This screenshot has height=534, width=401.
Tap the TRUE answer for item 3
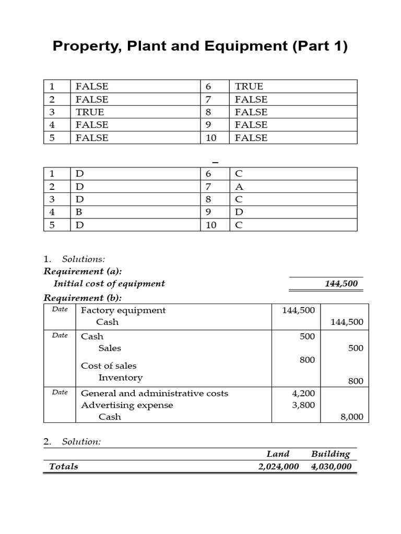(x=90, y=112)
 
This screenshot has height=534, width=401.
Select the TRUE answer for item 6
(x=249, y=87)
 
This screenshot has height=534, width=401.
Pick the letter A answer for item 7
(x=240, y=187)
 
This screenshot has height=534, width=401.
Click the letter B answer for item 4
(x=79, y=212)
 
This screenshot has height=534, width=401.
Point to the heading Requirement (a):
(x=82, y=271)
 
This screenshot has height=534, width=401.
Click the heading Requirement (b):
(x=82, y=298)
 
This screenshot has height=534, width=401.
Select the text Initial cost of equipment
(x=109, y=284)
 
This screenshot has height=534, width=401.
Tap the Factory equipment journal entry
(x=123, y=310)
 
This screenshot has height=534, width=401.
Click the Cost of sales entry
(x=109, y=366)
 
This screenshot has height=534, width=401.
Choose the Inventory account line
(x=120, y=378)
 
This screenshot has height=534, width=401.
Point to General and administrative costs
(x=155, y=393)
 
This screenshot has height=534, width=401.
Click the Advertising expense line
(x=127, y=405)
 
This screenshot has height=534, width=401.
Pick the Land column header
(x=278, y=454)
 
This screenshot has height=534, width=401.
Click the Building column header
(x=330, y=454)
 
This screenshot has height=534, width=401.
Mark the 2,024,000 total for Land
(x=278, y=467)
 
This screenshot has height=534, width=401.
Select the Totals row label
(x=63, y=467)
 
